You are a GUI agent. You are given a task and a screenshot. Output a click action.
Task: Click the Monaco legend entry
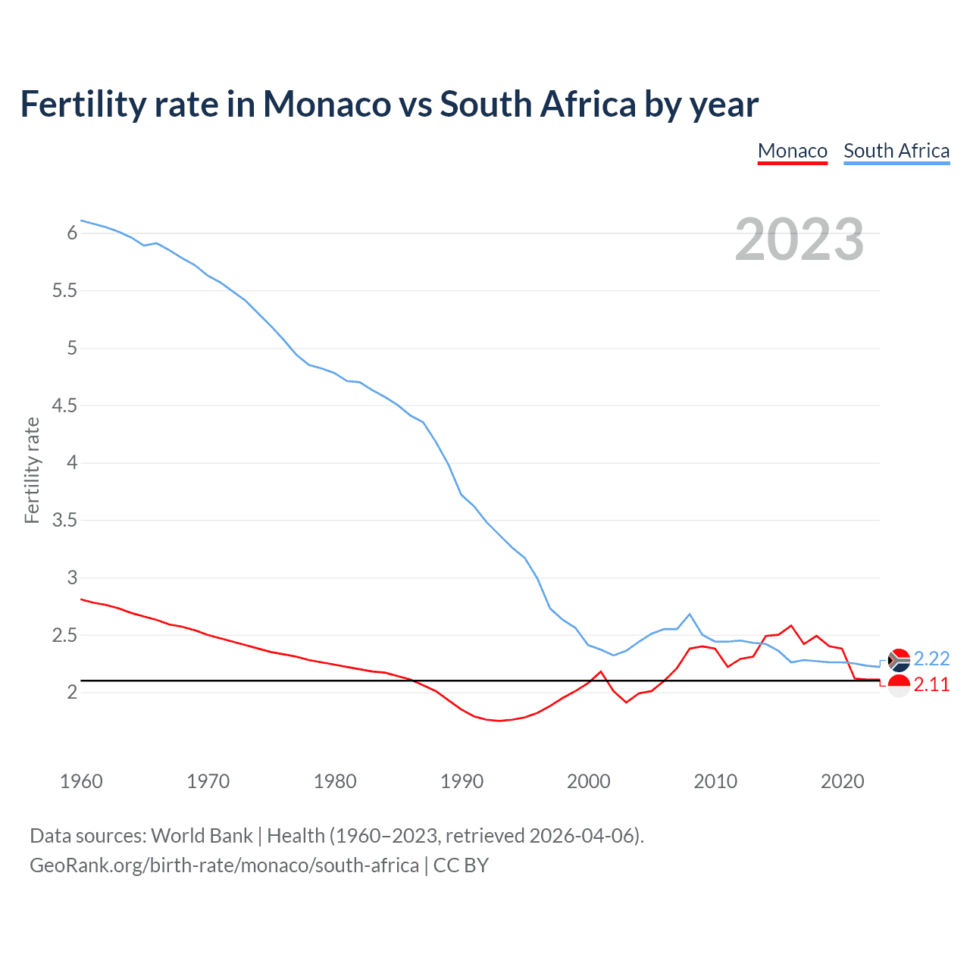(x=792, y=151)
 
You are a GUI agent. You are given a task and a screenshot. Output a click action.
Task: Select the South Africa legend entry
(x=896, y=151)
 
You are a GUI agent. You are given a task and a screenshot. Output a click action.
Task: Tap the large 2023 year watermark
(x=799, y=239)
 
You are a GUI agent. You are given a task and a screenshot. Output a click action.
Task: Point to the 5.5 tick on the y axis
(x=64, y=291)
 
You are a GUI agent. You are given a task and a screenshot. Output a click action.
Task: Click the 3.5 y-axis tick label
(x=64, y=521)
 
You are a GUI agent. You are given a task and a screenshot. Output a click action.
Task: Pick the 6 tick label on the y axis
(x=72, y=233)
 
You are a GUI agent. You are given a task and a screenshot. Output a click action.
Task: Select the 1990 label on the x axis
(x=462, y=781)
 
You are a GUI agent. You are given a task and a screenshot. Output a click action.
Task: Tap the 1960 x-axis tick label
(x=81, y=781)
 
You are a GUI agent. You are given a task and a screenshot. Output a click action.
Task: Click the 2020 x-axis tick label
(x=842, y=781)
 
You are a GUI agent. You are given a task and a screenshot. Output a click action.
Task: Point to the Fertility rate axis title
(x=32, y=470)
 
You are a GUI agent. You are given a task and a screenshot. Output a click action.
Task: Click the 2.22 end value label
(x=931, y=659)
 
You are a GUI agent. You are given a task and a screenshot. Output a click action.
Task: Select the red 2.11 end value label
(x=931, y=684)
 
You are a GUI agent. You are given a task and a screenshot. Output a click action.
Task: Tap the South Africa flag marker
(x=899, y=660)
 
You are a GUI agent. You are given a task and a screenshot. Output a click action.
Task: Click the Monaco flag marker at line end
(x=899, y=686)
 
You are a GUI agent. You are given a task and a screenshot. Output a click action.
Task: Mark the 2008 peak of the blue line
(x=690, y=614)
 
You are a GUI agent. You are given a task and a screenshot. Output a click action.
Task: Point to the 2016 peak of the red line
(x=791, y=625)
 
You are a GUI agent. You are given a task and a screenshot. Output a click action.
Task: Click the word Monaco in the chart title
(x=327, y=105)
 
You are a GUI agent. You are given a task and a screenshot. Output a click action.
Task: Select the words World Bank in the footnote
(x=202, y=836)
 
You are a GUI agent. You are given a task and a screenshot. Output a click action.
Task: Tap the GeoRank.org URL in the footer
(x=224, y=865)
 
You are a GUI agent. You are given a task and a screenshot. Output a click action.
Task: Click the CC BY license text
(x=461, y=865)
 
